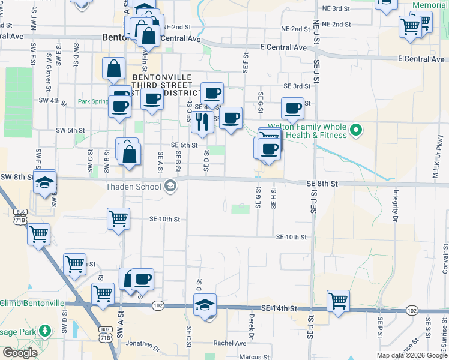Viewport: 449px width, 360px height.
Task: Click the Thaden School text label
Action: [133, 187]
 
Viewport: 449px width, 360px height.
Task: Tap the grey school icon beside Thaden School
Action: [170, 186]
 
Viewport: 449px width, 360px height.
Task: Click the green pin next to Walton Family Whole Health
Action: [355, 130]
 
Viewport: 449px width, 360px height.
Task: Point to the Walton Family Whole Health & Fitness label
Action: [307, 131]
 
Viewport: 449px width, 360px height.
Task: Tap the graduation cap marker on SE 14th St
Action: [205, 305]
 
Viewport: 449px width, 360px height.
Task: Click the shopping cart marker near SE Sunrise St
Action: [338, 301]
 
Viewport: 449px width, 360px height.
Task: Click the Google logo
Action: [19, 353]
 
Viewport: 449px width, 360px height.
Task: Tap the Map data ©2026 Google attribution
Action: [411, 355]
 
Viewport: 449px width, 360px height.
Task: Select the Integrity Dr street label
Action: [396, 206]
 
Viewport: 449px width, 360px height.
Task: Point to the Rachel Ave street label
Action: [230, 343]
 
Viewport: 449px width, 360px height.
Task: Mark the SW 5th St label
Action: [70, 130]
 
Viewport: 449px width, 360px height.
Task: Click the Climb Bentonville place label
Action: [32, 303]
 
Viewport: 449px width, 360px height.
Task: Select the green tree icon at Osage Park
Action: [44, 331]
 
